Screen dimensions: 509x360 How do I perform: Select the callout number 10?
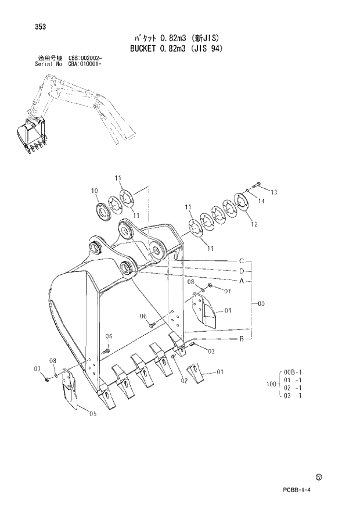(x=93, y=190)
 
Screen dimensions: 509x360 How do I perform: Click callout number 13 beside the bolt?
(x=274, y=192)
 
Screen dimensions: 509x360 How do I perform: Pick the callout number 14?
(x=261, y=201)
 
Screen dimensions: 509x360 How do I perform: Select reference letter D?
(x=241, y=271)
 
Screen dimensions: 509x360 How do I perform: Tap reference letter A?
(x=241, y=281)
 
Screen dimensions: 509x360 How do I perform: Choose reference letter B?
(x=241, y=338)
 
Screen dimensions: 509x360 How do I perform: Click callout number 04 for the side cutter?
(x=228, y=310)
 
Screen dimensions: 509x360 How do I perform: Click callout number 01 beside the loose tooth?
(x=219, y=371)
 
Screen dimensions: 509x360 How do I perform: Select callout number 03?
(x=211, y=351)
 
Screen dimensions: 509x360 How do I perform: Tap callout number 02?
(x=183, y=381)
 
